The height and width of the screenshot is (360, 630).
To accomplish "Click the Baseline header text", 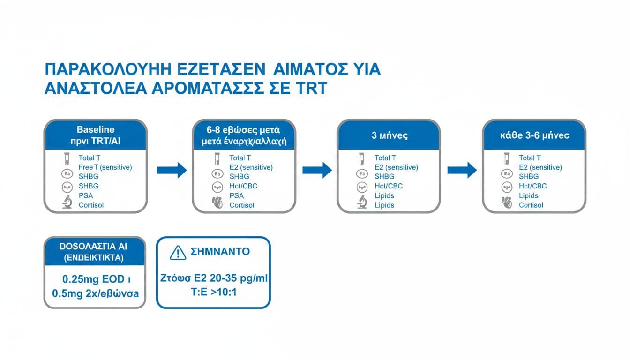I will pos(95,129).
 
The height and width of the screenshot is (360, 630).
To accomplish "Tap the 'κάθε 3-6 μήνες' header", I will pos(534,135).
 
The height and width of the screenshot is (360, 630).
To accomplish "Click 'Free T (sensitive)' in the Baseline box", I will pos(105,167).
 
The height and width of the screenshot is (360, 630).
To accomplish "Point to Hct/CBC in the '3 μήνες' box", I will pos(388,186).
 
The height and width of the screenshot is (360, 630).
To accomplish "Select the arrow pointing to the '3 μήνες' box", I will pos(317,170).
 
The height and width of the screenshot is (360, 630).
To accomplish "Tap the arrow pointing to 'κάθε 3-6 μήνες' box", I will pos(462,170).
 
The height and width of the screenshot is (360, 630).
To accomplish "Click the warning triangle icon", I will pos(178,253).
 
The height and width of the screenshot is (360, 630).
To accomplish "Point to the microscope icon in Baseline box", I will pos(67,203).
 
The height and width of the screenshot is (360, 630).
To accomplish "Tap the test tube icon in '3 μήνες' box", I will pos(362,158).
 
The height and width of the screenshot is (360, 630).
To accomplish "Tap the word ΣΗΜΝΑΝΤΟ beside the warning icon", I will pos(220,252).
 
